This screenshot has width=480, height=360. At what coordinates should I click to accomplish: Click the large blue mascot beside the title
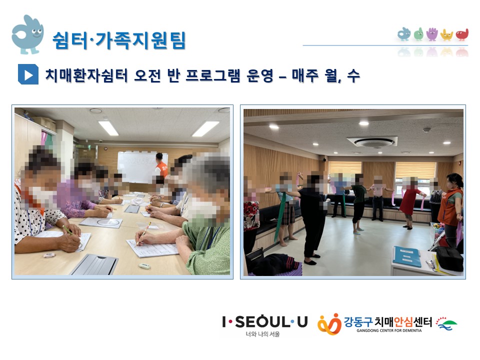(x=27, y=34)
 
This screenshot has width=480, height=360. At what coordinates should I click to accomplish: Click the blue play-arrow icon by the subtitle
(x=28, y=74)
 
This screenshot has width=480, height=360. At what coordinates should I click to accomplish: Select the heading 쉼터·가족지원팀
(x=119, y=40)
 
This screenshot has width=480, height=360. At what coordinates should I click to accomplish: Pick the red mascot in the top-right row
(x=462, y=34)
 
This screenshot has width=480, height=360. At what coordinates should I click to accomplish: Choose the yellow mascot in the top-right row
(x=446, y=35)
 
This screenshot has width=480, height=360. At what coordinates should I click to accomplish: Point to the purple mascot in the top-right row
(x=432, y=34)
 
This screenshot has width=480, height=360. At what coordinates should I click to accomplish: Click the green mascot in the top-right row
(x=418, y=34)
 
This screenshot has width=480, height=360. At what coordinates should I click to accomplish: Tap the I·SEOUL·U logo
(x=265, y=321)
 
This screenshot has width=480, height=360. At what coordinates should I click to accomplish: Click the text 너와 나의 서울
(x=262, y=334)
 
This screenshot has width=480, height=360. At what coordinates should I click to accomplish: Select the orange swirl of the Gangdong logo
(x=329, y=324)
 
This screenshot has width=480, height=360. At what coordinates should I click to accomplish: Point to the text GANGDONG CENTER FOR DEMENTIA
(x=389, y=330)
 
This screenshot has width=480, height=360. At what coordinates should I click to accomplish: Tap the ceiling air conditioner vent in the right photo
(x=372, y=142)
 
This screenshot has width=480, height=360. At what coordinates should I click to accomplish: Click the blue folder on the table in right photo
(x=406, y=256)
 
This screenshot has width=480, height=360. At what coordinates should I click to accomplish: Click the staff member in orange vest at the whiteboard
(x=161, y=165)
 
